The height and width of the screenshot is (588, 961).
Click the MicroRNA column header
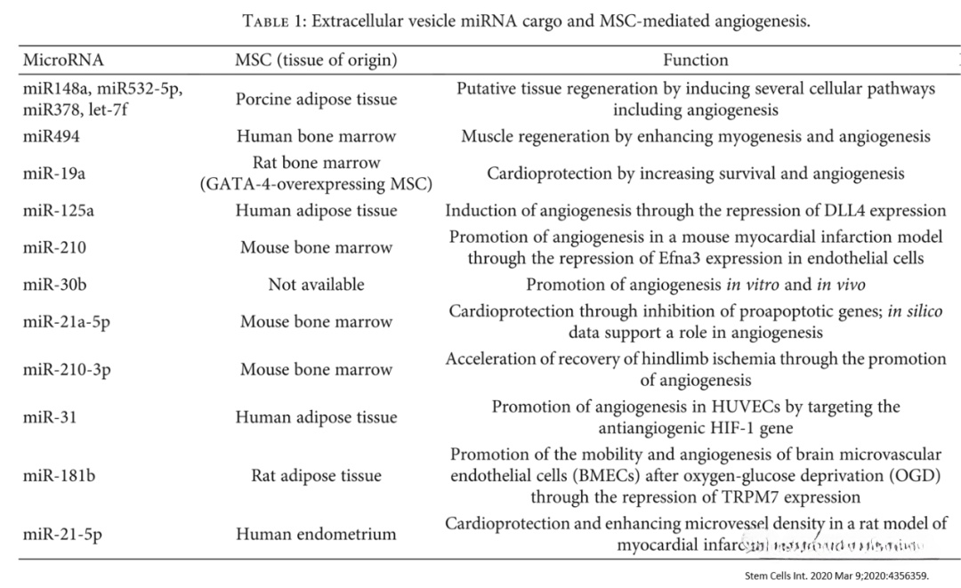point(63,60)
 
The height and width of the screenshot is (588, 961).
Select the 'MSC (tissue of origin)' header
point(316,60)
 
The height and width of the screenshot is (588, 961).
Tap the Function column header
point(695,60)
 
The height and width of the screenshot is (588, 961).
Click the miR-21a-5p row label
point(67,322)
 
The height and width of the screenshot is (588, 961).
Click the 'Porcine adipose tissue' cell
point(316,100)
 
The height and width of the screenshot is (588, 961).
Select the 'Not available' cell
point(316,285)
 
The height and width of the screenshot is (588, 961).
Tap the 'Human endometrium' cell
point(316,534)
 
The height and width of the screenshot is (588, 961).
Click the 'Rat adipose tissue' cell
point(316,475)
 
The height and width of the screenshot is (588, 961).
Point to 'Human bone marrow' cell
point(316,136)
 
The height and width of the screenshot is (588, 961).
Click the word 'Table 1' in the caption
point(277,21)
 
